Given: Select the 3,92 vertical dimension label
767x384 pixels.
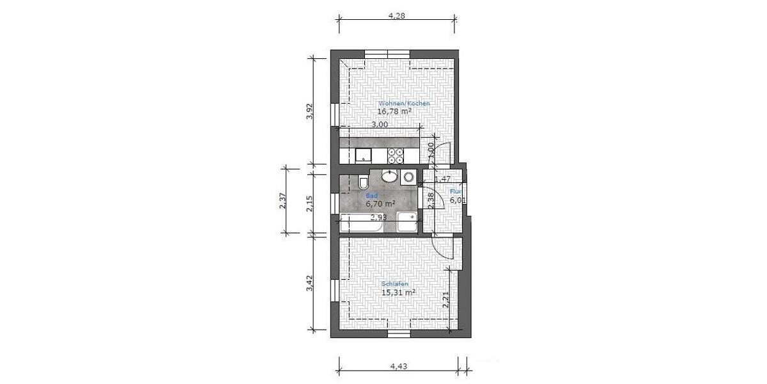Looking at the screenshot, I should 309,111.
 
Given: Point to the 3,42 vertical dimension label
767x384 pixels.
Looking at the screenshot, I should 309,283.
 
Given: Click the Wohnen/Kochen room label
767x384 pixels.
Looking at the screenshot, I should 404,104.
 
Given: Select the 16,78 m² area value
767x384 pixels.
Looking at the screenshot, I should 394,111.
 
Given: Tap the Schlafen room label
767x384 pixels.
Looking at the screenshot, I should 395,284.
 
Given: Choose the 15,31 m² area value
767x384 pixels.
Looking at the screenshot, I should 398,292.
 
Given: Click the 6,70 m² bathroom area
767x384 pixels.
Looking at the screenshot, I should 380,204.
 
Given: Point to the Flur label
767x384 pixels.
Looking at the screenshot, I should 456,191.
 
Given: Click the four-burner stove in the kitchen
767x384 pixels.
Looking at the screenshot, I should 396,156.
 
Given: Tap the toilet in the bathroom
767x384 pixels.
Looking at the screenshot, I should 363,182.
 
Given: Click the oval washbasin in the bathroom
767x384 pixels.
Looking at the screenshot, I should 389,175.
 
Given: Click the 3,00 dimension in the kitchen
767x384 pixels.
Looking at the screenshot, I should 379,125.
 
